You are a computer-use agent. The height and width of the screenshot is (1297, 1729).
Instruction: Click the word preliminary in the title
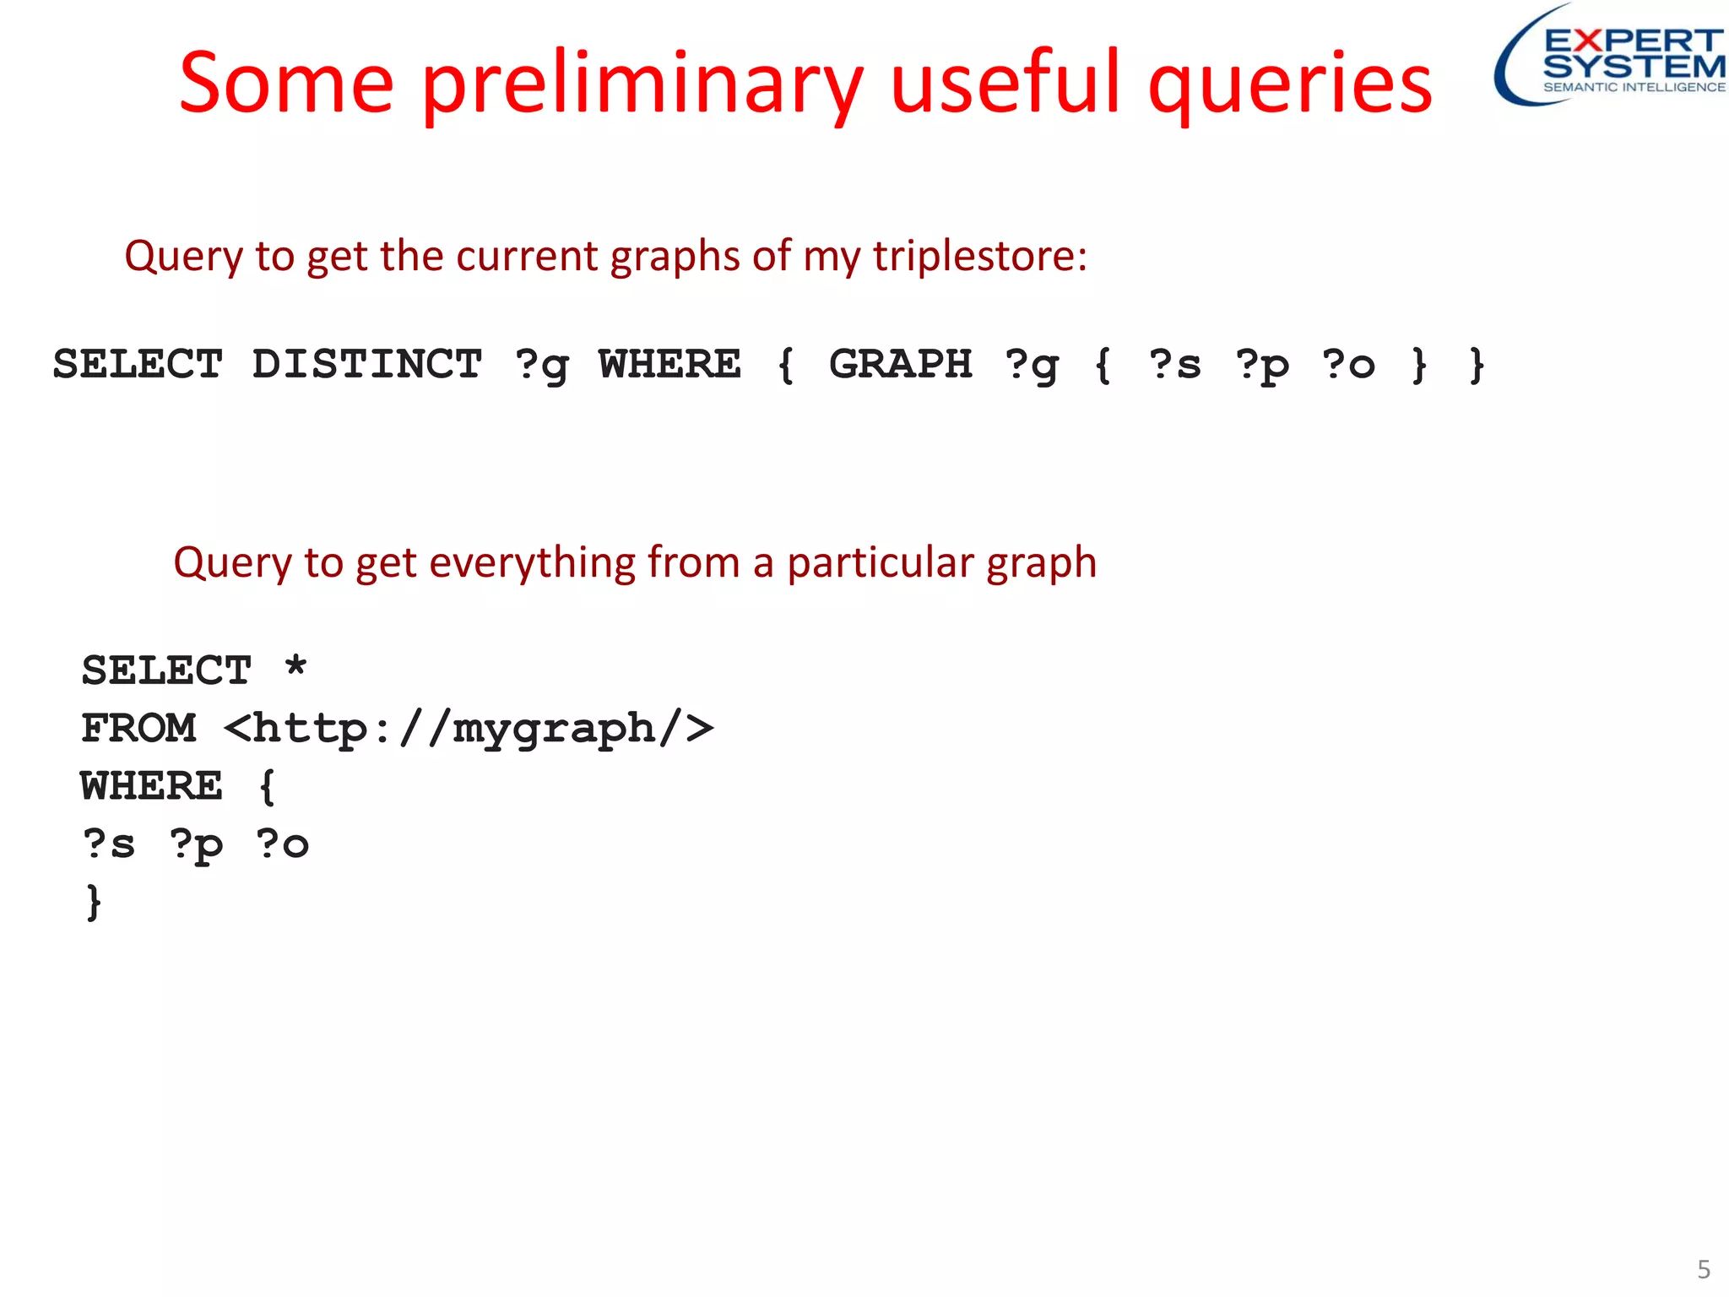click(642, 84)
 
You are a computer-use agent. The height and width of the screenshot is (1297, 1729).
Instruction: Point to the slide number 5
click(1704, 1269)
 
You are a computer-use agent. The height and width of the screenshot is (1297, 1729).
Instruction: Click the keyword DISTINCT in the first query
click(366, 365)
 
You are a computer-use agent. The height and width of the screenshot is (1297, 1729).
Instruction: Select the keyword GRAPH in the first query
click(900, 365)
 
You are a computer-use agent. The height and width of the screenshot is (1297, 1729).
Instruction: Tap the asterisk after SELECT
click(295, 667)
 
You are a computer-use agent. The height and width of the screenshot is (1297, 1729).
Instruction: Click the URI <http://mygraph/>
click(469, 729)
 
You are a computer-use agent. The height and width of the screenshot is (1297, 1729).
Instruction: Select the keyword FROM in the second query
click(138, 729)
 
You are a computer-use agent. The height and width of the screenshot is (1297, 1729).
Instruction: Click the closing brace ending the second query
click(94, 902)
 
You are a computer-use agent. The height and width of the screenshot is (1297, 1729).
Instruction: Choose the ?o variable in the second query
click(282, 844)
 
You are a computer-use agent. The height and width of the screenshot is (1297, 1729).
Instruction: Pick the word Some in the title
click(286, 84)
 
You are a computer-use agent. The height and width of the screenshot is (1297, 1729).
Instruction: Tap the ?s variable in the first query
click(1174, 365)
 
